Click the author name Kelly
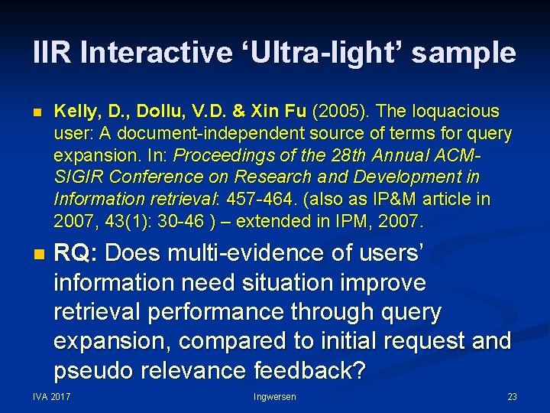tap(74, 112)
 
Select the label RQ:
tap(75, 252)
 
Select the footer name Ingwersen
tap(275, 397)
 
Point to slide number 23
tap(512, 397)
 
